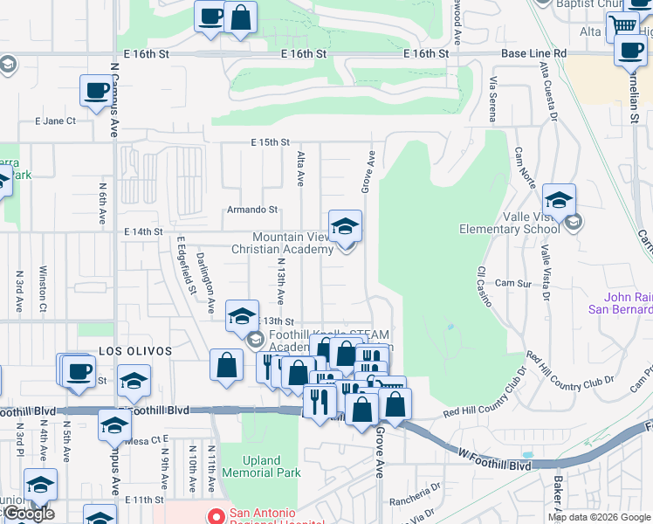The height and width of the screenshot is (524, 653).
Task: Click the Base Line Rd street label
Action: click(533, 53)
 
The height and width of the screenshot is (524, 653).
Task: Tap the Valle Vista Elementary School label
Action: click(509, 230)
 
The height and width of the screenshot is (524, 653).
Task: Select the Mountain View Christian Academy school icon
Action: click(345, 226)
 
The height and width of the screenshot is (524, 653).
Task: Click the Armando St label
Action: click(252, 210)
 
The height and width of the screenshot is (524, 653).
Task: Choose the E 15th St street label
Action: click(270, 141)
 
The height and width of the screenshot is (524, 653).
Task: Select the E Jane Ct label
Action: click(55, 121)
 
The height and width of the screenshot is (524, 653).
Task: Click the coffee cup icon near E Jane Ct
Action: click(96, 90)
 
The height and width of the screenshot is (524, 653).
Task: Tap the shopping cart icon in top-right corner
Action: click(623, 24)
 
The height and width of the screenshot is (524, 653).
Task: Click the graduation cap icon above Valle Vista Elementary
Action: click(559, 199)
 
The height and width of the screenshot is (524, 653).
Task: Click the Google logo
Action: click(29, 514)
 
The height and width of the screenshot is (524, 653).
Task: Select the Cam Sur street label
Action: click(512, 284)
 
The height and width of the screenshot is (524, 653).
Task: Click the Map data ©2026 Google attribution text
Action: click(599, 517)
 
